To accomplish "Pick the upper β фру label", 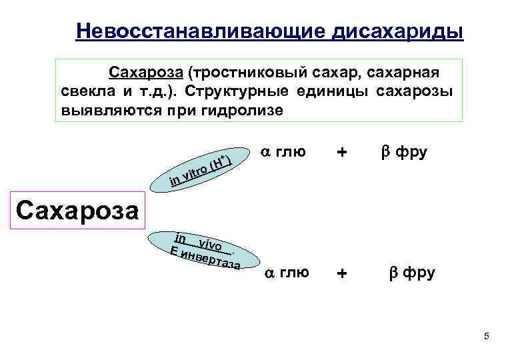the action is pyautogui.click(x=404, y=152).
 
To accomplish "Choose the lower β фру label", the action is pyautogui.click(x=412, y=272).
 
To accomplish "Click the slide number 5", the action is pyautogui.click(x=487, y=336).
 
